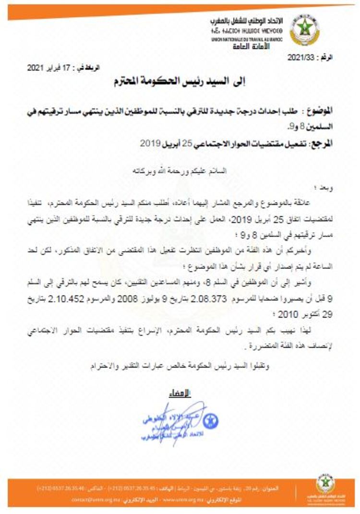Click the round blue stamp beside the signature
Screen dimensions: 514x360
tap(210, 421)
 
